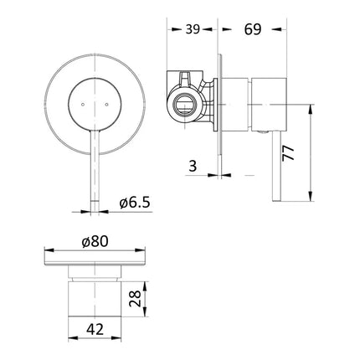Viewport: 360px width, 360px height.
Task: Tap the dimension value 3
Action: coord(193,167)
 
